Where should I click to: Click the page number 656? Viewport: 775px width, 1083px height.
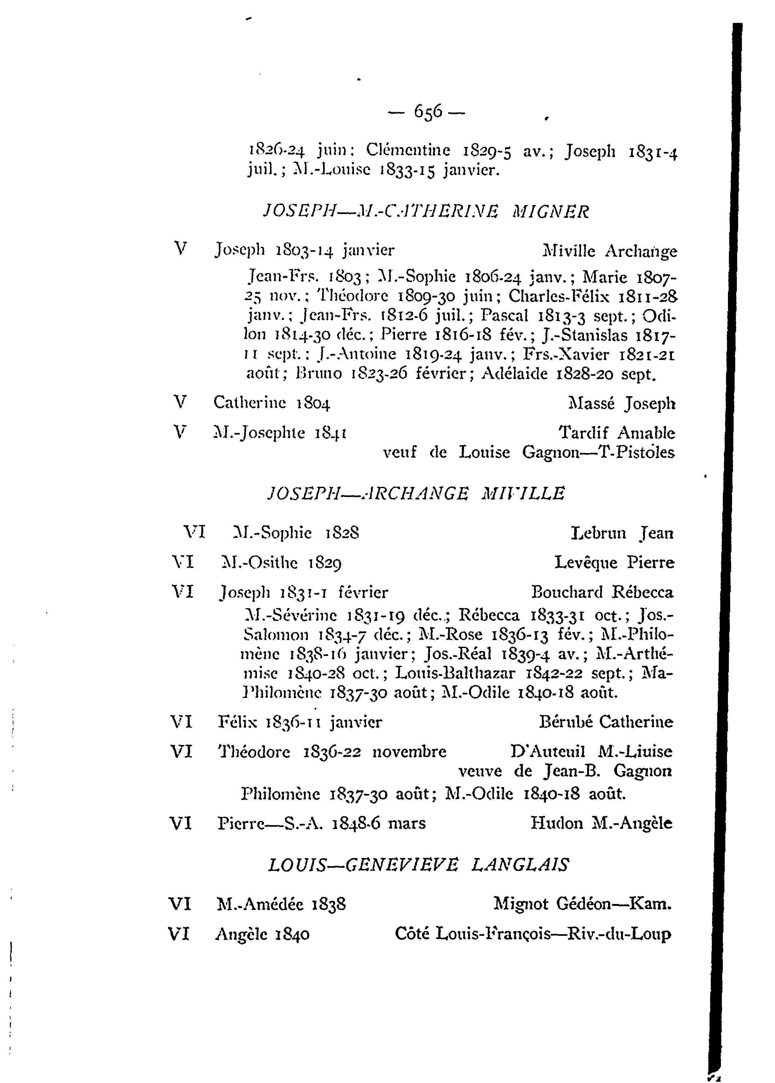(429, 113)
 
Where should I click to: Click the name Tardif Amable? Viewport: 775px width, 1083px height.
(617, 433)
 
